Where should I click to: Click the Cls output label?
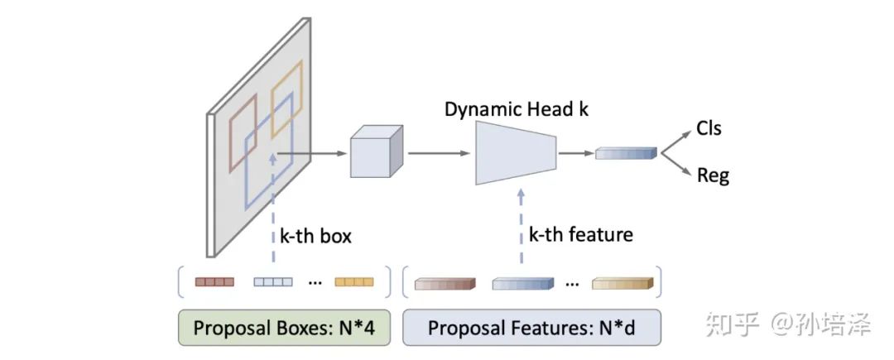(x=709, y=128)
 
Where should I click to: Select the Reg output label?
(x=713, y=175)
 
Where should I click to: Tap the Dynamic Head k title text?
(x=517, y=109)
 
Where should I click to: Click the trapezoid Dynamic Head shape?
(x=515, y=153)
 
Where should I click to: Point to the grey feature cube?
(x=376, y=152)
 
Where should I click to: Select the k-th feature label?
(x=580, y=234)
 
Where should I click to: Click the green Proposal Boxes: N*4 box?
(x=284, y=327)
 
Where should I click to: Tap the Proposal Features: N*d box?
(x=531, y=327)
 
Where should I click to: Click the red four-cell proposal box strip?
(x=214, y=282)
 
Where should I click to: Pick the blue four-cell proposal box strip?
(x=272, y=282)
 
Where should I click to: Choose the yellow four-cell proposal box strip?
(x=353, y=282)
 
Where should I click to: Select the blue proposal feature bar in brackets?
(x=522, y=284)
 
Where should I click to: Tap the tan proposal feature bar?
(x=622, y=284)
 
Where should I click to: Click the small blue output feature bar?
(x=626, y=152)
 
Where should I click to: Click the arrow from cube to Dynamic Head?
(x=439, y=152)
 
